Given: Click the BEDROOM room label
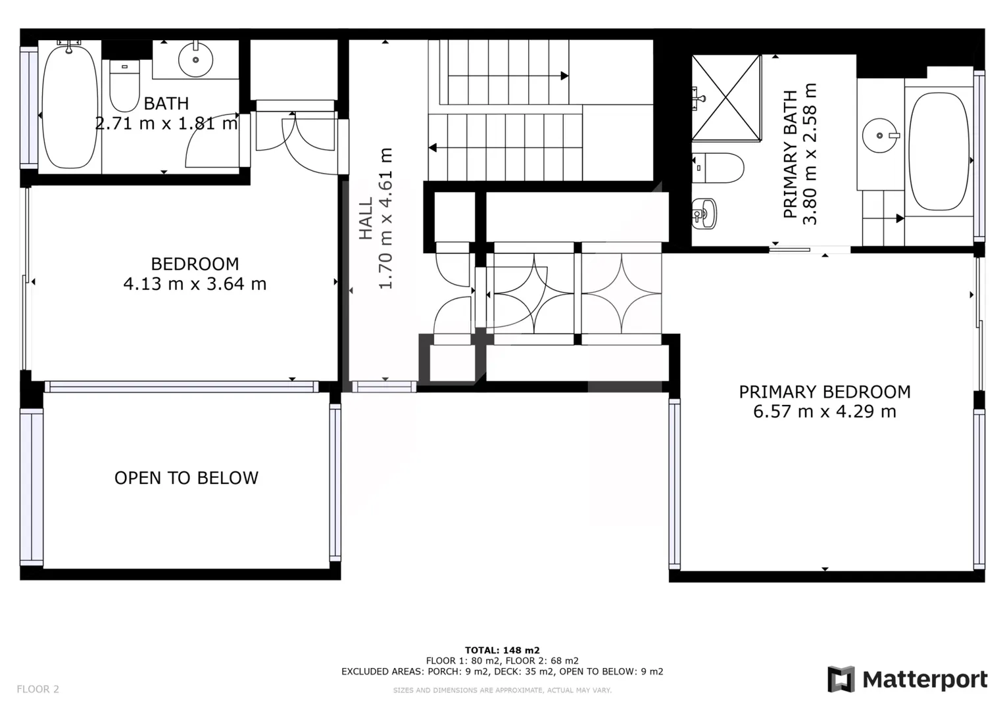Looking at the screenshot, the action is point(195,264).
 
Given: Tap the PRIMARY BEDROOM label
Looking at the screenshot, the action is point(825,392).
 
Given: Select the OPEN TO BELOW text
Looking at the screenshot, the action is point(186,478).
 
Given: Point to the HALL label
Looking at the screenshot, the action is point(366,218).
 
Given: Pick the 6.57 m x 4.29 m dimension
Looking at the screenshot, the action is point(825,412).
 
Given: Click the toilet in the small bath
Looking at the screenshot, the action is point(124,86).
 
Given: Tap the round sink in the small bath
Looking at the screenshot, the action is point(195,60).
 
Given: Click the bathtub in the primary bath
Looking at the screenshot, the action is point(939,152).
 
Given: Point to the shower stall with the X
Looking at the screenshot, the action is point(726,97).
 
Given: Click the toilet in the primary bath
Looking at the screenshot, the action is point(718,168).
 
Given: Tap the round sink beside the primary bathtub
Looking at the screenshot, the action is point(880,135).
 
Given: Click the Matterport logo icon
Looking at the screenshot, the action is point(841,679).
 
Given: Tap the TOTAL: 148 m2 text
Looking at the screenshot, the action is point(502,650).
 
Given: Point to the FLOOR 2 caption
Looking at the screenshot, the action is point(38,689).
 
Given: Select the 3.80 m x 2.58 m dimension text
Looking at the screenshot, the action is point(810,154).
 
